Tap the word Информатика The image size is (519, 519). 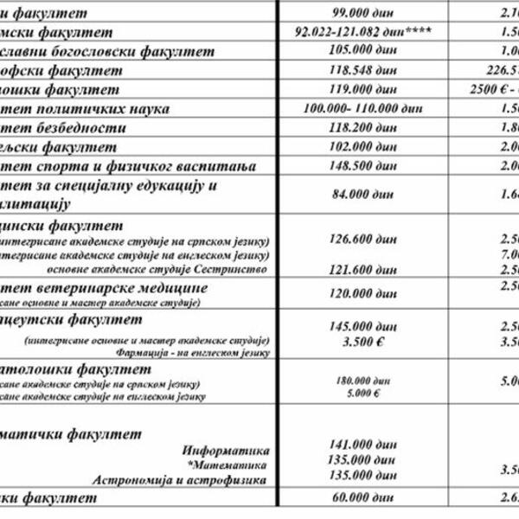point(227,451)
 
